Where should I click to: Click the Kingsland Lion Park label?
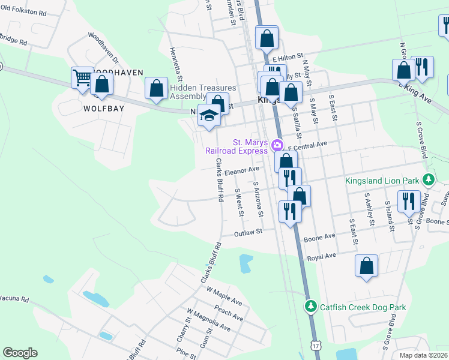tap(383, 179)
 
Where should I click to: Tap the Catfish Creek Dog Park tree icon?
tap(310, 307)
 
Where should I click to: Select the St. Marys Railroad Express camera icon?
tap(277, 145)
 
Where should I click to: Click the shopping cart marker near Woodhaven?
tap(82, 77)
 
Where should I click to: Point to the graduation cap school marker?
tap(208, 115)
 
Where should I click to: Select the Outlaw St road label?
tap(249, 232)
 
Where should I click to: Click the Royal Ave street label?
tap(321, 256)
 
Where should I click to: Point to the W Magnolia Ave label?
tap(208, 320)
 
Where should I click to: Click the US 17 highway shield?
tap(315, 346)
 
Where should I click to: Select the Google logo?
tap(20, 353)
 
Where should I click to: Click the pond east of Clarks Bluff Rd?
tap(246, 262)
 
